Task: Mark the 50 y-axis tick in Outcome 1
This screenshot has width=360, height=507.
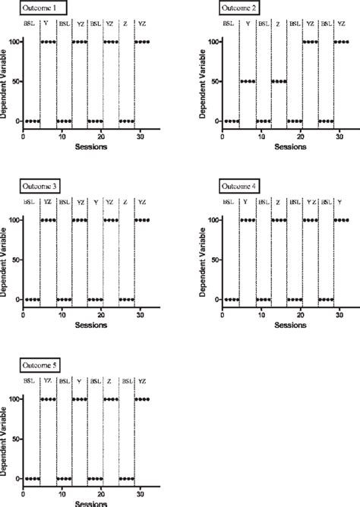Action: pos(14,81)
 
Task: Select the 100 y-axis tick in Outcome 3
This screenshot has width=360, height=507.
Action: pos(13,220)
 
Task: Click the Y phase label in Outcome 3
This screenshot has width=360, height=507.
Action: pos(95,203)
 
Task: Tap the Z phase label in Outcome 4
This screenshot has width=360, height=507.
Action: pos(278,203)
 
